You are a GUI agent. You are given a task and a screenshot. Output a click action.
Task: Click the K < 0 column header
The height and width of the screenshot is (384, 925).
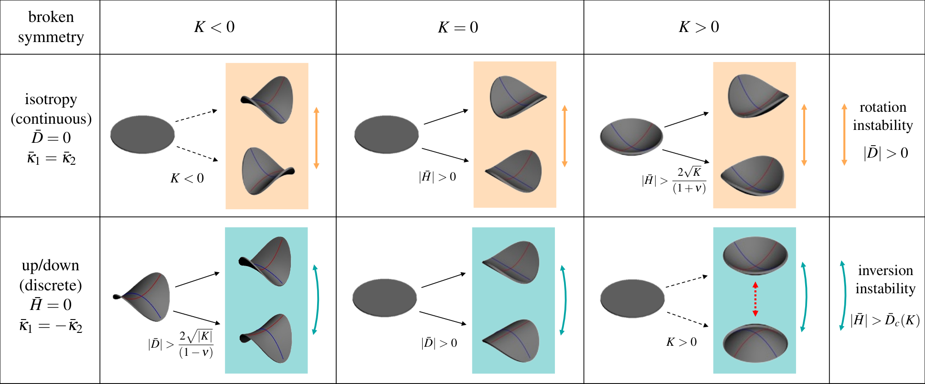point(214,27)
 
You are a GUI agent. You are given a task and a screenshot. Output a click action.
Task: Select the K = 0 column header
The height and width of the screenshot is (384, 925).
point(458,27)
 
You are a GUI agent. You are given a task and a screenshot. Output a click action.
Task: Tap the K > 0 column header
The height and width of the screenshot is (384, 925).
point(699,27)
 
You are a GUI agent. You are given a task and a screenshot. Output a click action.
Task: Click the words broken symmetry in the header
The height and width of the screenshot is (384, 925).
point(51,27)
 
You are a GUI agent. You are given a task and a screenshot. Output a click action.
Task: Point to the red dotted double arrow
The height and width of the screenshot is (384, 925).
point(755,299)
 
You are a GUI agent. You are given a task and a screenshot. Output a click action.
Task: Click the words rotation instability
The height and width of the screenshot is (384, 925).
point(882,116)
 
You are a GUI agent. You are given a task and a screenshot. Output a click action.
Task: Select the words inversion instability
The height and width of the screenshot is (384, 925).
point(885,279)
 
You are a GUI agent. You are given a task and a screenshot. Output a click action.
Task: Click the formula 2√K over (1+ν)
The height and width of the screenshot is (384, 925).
point(689,181)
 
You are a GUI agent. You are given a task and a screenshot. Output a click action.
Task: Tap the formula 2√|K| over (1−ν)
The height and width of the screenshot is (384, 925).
point(196,344)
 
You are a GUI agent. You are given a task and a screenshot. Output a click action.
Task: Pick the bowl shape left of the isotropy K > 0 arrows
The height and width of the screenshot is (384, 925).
point(631,137)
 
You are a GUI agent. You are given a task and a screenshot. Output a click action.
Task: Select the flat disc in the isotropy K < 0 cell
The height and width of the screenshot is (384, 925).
point(143,134)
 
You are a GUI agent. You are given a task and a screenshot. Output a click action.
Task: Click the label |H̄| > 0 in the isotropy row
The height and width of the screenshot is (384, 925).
point(437,177)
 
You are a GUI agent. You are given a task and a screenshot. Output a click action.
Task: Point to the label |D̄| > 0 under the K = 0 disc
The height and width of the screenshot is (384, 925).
point(439,343)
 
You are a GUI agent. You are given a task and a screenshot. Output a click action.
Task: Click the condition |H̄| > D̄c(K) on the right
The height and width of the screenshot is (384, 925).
point(885,320)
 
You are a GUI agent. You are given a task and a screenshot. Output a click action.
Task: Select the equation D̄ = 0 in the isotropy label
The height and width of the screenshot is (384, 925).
point(51,138)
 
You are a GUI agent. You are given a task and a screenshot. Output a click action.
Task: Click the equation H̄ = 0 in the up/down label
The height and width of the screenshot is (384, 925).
point(51,304)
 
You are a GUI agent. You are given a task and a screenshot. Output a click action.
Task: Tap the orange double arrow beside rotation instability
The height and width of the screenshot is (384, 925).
point(844,134)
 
